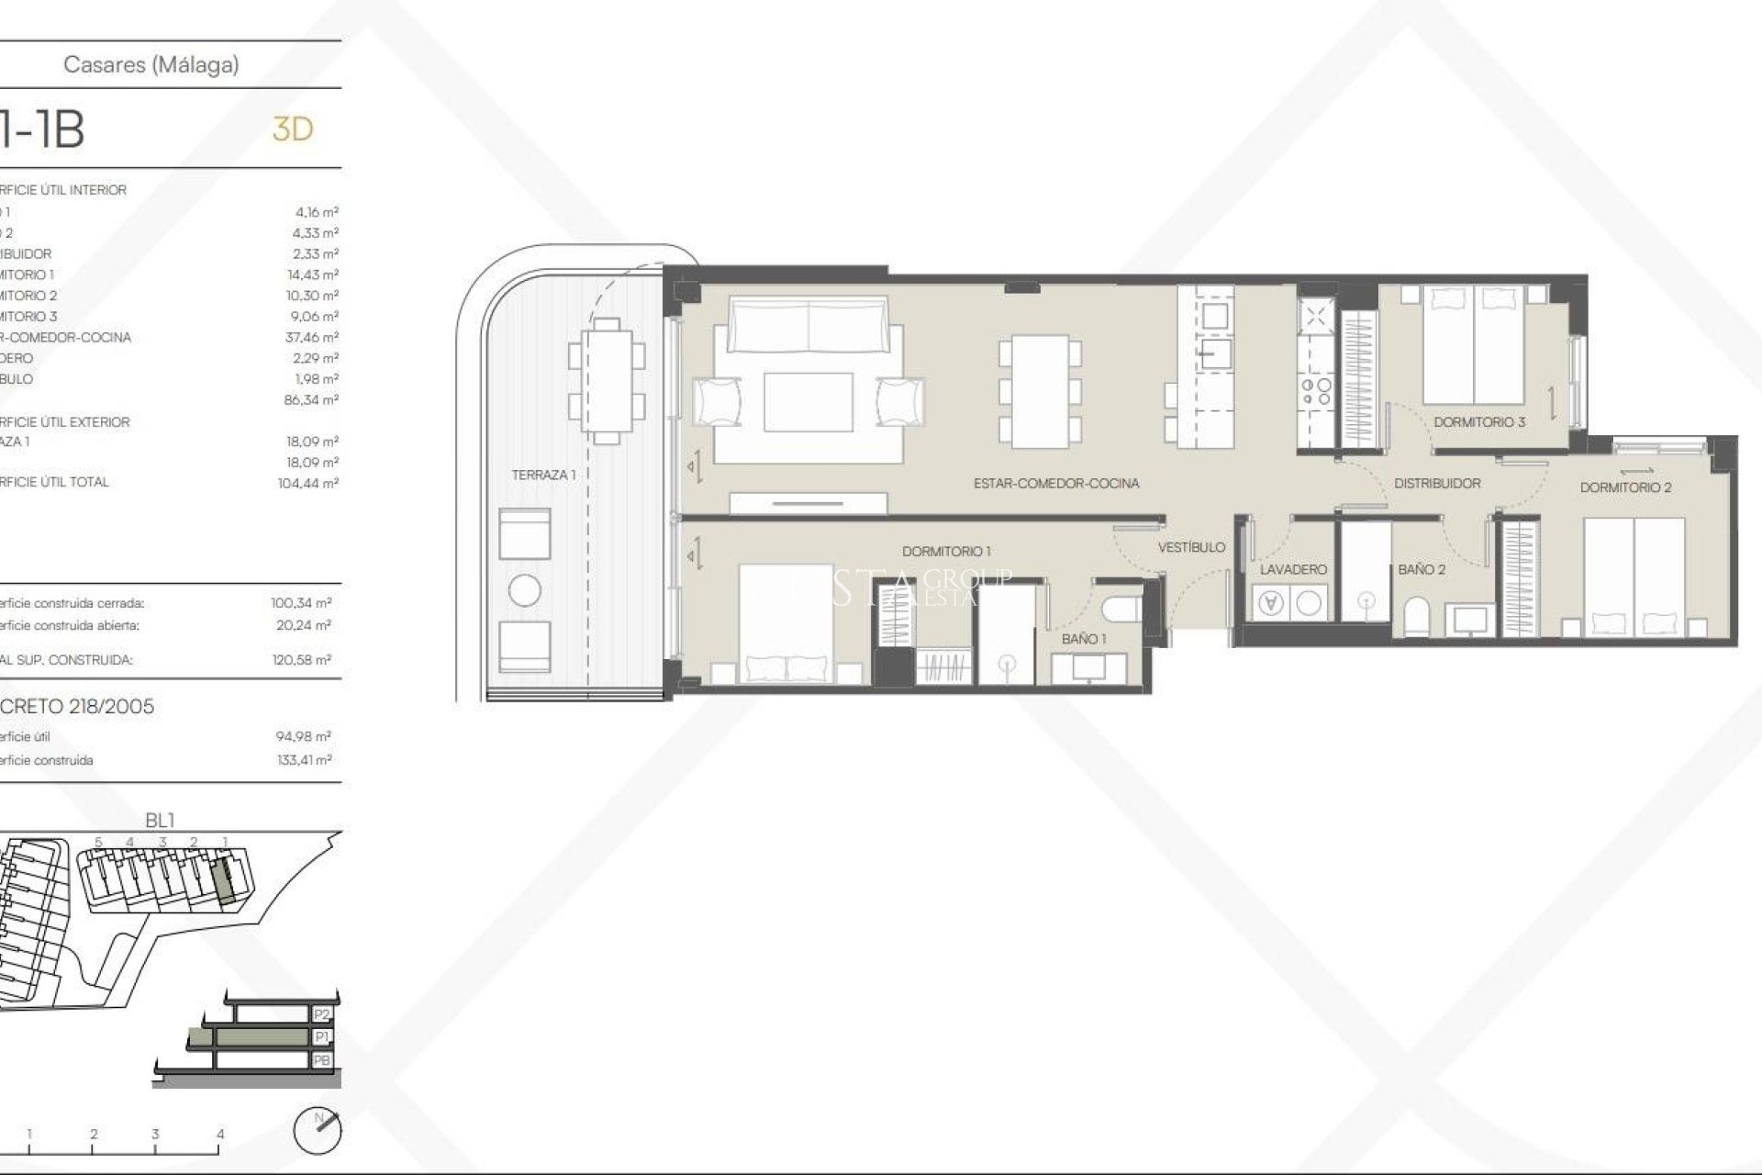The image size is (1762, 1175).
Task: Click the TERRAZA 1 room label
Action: [x=543, y=476]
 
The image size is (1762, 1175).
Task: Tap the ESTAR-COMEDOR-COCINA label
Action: [x=1056, y=484]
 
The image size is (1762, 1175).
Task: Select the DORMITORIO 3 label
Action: [x=1479, y=422]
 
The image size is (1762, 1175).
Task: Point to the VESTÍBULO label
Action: [x=1191, y=548]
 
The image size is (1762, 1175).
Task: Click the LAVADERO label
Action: [x=1293, y=570]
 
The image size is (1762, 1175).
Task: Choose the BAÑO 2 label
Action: [x=1422, y=570]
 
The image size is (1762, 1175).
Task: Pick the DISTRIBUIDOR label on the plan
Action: [x=1437, y=484]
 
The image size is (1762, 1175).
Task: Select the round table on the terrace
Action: [x=525, y=590]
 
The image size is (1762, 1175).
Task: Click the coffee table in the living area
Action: [x=809, y=401]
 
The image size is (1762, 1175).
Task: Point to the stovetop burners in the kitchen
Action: [x=1317, y=392]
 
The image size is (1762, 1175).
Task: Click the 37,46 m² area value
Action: [x=312, y=338]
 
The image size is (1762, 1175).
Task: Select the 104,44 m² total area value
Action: [x=308, y=483]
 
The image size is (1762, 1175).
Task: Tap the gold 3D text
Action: [x=293, y=129]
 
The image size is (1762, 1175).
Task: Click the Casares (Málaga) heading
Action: [x=151, y=64]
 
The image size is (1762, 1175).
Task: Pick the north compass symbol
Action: [x=318, y=1131]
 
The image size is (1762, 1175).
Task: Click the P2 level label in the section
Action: [x=321, y=1014]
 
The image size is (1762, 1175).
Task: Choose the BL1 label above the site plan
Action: [x=160, y=820]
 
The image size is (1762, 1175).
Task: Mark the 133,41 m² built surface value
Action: [x=304, y=760]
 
